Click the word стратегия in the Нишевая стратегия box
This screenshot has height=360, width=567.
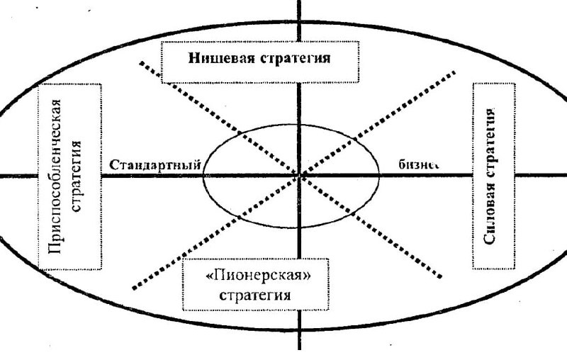coord(293,57)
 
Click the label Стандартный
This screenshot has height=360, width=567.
coord(155,164)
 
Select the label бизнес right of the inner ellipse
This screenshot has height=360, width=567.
coord(418,164)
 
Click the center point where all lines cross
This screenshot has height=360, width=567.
coord(301,174)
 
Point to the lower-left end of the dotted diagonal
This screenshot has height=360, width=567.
coord(134,288)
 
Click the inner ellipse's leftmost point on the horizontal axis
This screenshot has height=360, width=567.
coord(203,174)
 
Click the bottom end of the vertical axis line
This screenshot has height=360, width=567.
coord(301,349)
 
